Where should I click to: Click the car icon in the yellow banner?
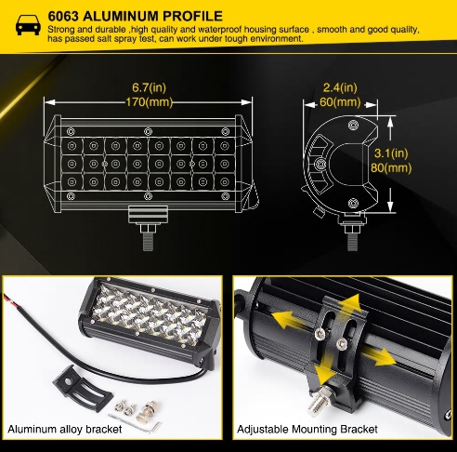coord(28,25)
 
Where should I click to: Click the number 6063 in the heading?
coord(63,16)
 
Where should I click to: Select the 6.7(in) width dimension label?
coord(149,87)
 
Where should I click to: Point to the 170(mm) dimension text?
coord(149,102)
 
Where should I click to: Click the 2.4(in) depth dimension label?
coord(340,87)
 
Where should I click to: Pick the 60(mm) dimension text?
coord(340,102)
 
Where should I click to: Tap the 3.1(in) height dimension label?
coord(391,153)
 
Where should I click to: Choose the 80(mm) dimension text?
coord(391,167)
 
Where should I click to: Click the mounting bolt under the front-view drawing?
coord(149,237)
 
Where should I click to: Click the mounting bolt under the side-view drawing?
coord(353,237)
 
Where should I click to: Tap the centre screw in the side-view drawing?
coord(320,163)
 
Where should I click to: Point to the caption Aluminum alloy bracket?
coord(65,430)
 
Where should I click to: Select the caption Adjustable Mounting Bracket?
coord(307,430)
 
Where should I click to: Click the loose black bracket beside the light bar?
coord(81,386)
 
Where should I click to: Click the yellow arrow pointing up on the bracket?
coord(348,304)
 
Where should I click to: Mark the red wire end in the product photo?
coord(9,299)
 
